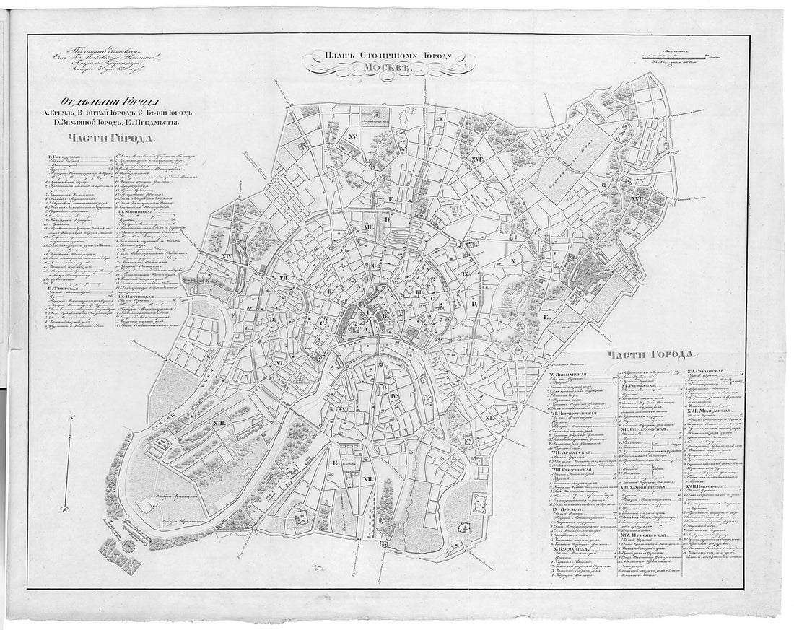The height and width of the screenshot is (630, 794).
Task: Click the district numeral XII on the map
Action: click(x=367, y=478)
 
